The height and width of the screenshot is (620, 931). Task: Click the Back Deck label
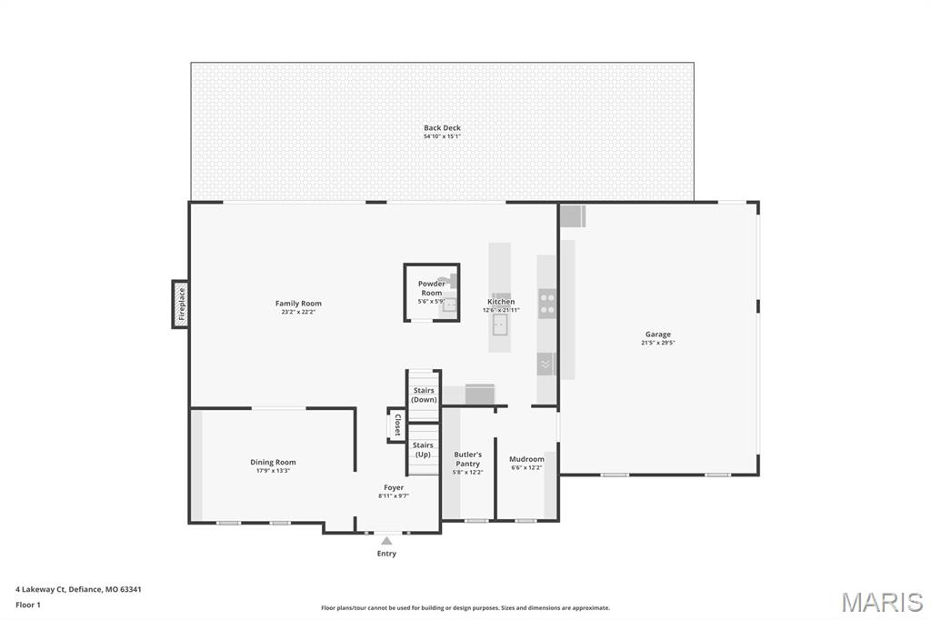tap(442, 128)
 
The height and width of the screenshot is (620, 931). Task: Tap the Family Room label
tap(298, 304)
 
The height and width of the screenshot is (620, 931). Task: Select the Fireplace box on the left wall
tap(181, 304)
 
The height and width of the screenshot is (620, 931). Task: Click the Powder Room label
tap(432, 288)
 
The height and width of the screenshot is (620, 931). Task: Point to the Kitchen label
tap(501, 302)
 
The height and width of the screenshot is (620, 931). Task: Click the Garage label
tap(658, 335)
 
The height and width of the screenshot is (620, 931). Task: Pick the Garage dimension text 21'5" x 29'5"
tap(658, 344)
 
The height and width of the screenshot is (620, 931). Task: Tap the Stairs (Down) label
tap(424, 395)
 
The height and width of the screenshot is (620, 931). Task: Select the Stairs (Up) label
tap(424, 449)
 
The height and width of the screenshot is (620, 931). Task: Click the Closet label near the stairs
tap(396, 425)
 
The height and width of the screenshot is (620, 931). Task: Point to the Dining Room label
tap(273, 462)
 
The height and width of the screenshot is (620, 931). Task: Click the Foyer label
tap(394, 487)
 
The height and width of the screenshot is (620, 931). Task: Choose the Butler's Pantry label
tap(468, 458)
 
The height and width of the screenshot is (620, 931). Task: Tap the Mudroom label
tap(526, 459)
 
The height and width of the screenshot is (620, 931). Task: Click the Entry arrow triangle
tap(386, 541)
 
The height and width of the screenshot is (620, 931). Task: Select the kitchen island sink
tap(500, 324)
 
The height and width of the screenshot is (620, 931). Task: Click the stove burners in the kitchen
tap(547, 303)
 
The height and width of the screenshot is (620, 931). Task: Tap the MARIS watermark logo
tap(882, 601)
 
